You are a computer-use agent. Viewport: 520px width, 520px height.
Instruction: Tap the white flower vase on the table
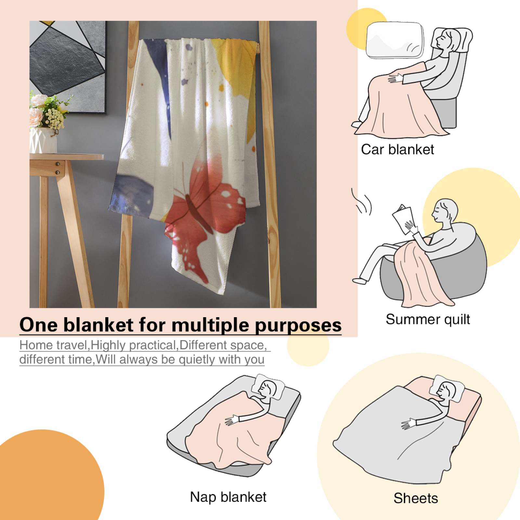(x=43, y=140)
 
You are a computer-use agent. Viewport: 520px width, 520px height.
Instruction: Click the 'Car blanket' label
(x=397, y=149)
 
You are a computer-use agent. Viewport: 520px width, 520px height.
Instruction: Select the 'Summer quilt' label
(x=428, y=319)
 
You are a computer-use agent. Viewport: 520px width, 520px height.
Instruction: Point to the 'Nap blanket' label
(x=228, y=497)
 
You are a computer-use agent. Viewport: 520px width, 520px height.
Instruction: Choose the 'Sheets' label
(x=416, y=498)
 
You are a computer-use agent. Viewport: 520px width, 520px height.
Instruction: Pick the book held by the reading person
(x=403, y=219)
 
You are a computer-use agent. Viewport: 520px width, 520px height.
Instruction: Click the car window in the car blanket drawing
(x=395, y=40)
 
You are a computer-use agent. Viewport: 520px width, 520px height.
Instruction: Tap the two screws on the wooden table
(x=58, y=168)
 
